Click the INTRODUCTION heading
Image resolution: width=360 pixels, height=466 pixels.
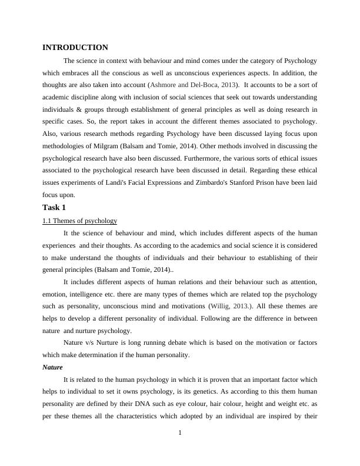click(x=75, y=48)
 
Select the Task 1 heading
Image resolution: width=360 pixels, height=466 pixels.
click(x=54, y=208)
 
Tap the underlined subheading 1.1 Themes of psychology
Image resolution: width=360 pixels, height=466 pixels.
click(x=79, y=221)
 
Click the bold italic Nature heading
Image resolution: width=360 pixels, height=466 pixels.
click(x=53, y=367)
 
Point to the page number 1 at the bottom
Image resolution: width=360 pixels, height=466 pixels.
click(x=180, y=434)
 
